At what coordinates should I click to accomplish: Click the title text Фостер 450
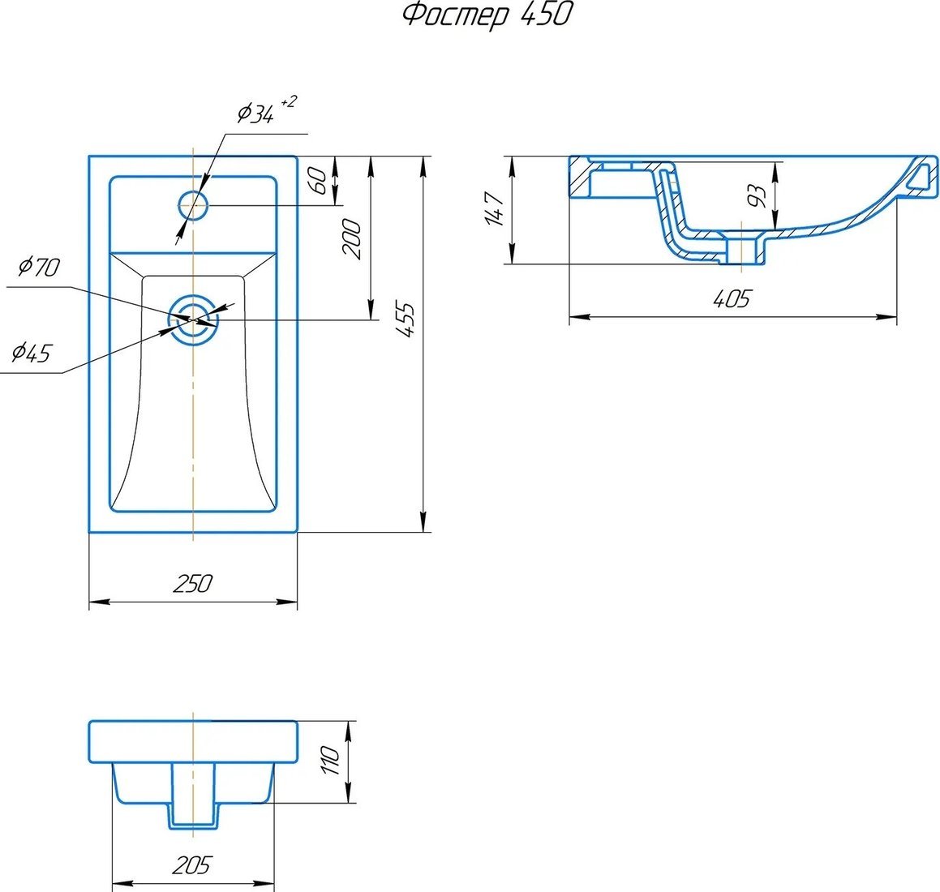tap(486, 15)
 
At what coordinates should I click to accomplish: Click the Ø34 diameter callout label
tap(256, 113)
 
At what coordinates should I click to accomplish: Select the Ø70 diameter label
tap(39, 266)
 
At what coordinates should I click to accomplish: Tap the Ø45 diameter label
tap(32, 353)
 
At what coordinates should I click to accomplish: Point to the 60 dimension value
tap(320, 181)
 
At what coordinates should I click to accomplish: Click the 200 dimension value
tap(353, 238)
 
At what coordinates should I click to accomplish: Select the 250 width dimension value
tap(192, 583)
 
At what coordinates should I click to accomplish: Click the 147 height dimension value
tap(495, 209)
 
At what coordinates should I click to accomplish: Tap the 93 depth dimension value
tap(758, 195)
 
